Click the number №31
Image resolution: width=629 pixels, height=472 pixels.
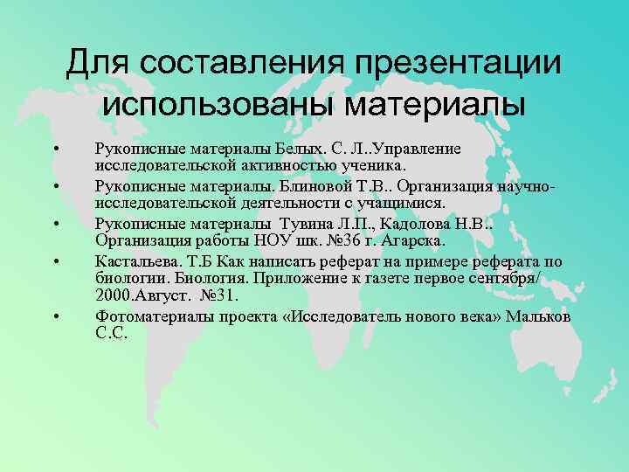[224, 295]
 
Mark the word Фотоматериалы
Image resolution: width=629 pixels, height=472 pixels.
[149, 316]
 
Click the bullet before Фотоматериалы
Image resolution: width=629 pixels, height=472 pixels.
[57, 316]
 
